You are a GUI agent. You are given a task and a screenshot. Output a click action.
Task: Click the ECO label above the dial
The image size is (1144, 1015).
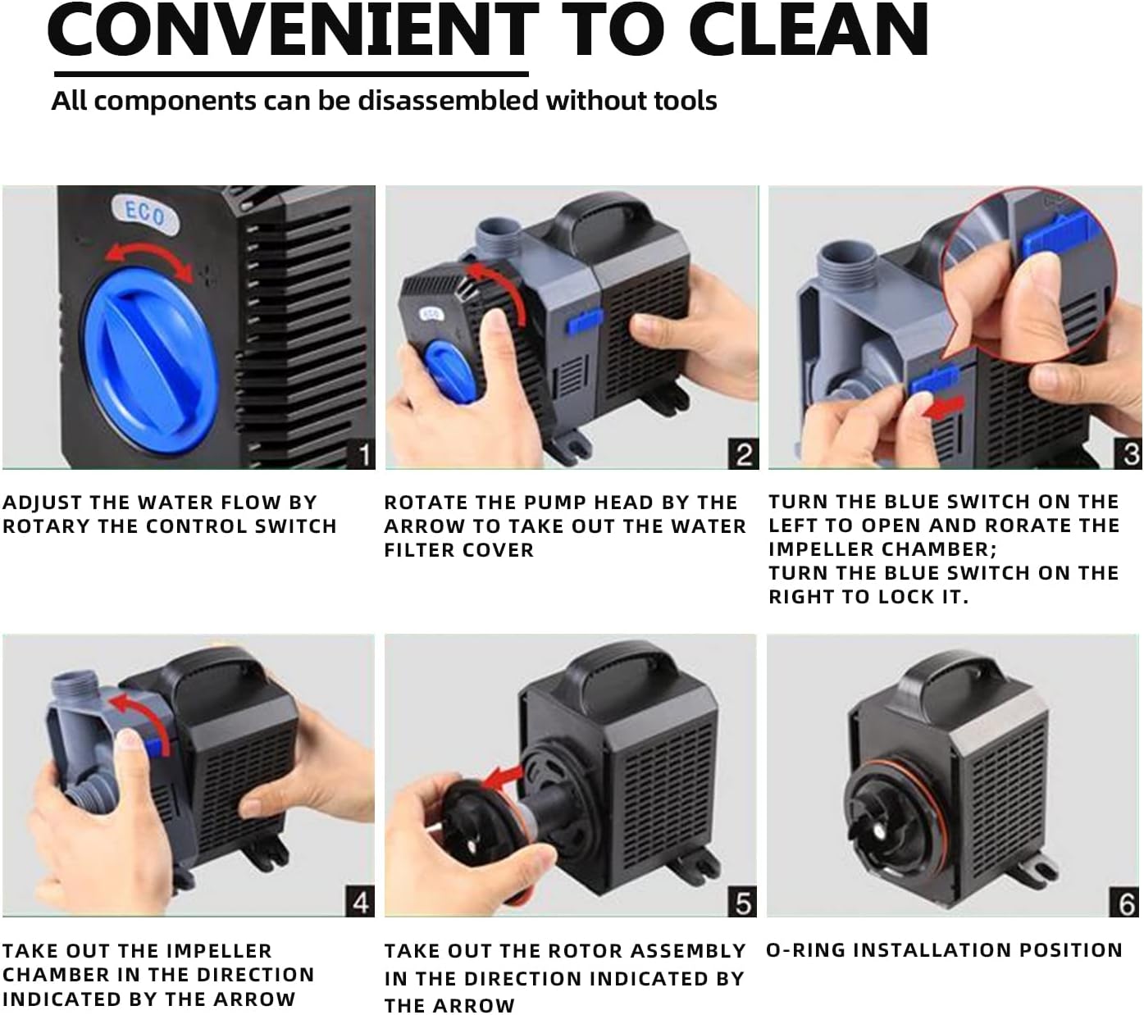146,215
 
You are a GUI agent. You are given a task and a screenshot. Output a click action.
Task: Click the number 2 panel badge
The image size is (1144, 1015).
744,454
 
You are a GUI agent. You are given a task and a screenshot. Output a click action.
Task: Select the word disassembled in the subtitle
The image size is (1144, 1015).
449,101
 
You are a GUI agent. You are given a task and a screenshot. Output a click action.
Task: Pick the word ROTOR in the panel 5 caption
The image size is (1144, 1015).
585,951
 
